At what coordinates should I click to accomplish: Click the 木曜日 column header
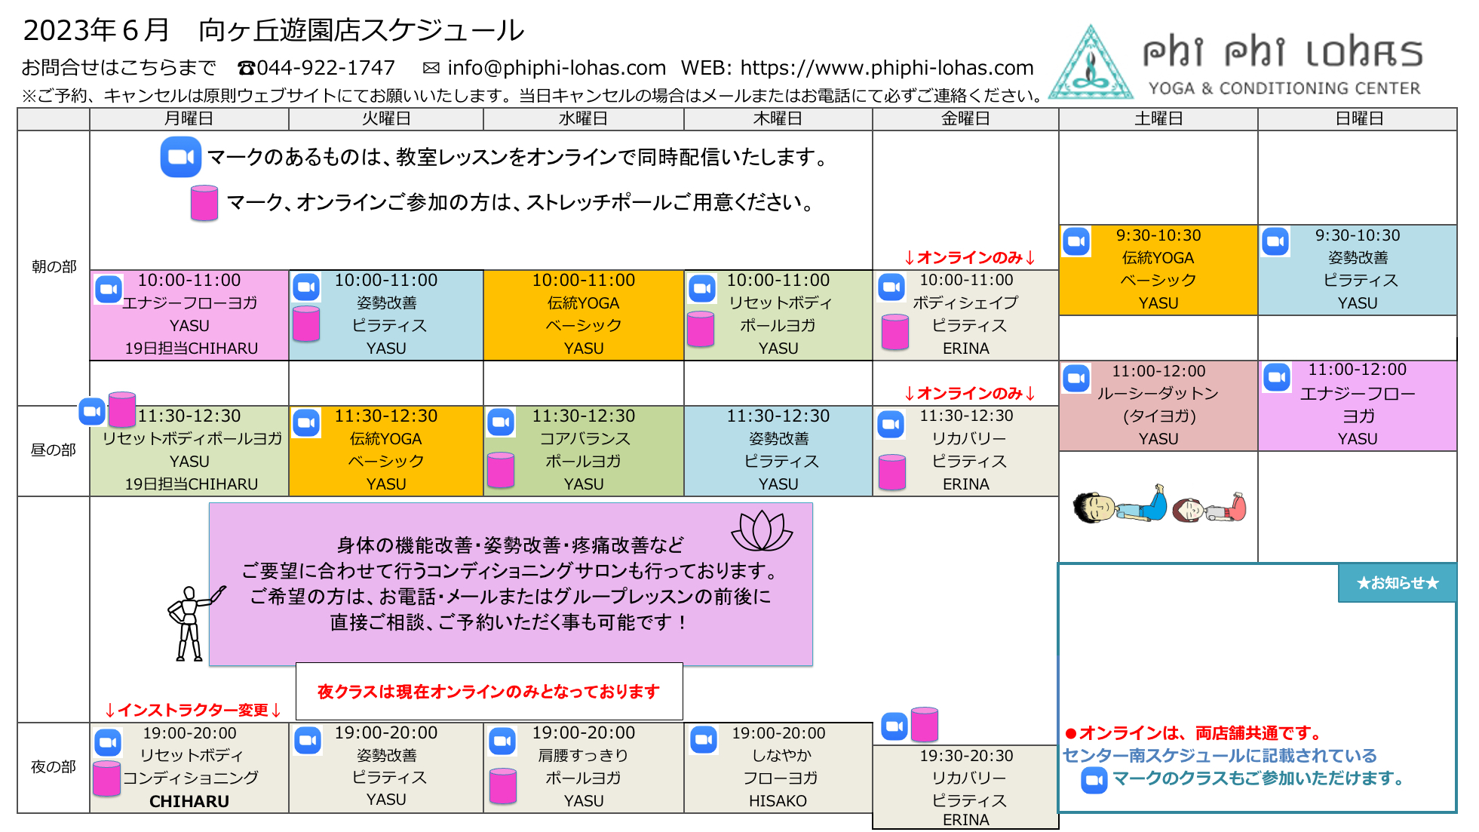(778, 118)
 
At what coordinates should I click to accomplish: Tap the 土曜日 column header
(1158, 118)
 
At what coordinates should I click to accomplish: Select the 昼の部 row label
(54, 450)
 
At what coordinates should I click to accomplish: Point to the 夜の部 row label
(54, 767)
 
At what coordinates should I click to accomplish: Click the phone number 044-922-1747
(325, 68)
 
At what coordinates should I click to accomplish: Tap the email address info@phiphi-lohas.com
(557, 68)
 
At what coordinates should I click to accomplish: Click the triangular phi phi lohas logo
(1091, 63)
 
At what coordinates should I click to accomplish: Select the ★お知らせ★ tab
(1398, 583)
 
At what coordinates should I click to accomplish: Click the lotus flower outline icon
(762, 531)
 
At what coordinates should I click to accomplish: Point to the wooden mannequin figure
(192, 623)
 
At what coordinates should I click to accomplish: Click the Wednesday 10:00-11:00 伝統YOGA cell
(584, 315)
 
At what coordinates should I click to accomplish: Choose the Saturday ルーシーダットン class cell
(1158, 406)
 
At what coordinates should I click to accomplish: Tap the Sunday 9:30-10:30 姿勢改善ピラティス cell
(1358, 270)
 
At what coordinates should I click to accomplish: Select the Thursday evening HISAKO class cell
(778, 768)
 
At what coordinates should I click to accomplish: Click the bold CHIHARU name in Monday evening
(189, 801)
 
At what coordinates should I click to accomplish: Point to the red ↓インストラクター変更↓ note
(194, 710)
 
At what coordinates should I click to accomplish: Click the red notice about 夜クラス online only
(489, 692)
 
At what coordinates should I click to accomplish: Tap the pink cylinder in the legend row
(204, 203)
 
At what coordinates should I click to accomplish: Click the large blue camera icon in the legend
(181, 157)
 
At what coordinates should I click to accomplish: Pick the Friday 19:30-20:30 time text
(966, 756)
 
